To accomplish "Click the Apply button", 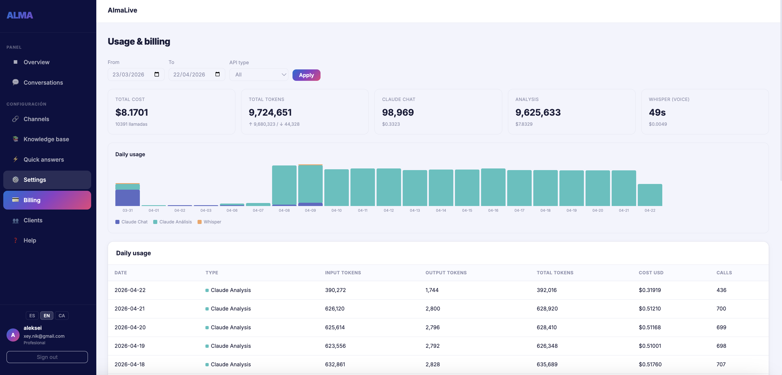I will coord(306,75).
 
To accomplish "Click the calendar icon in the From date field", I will coord(157,74).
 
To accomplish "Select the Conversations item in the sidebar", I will coord(43,82).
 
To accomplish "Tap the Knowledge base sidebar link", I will coord(46,139).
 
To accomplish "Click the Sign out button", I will coord(47,357).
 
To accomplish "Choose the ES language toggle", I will coord(32,315).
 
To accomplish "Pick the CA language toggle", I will coord(61,315).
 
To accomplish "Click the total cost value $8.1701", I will coord(131,112).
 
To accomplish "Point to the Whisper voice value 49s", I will coord(657,112).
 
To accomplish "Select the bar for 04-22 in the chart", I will coord(650,195).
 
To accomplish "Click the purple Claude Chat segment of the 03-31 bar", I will coord(128,198).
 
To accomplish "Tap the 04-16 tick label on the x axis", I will coord(493,210).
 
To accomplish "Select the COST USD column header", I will coord(651,273).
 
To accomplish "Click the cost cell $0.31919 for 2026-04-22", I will coord(650,290).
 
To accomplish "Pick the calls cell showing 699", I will coord(721,327).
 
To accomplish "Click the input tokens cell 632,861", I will coord(335,364).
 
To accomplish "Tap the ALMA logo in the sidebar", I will coord(20,15).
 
